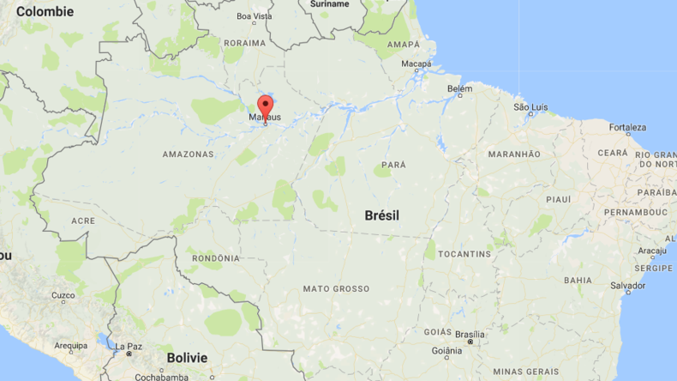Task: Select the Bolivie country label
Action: pyautogui.click(x=187, y=357)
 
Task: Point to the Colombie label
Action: pyautogui.click(x=45, y=12)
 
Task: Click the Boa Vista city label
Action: pyautogui.click(x=254, y=16)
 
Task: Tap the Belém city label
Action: pyautogui.click(x=459, y=88)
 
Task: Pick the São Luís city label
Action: pyautogui.click(x=530, y=107)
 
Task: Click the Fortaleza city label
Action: pyautogui.click(x=627, y=128)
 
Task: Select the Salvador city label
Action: pyautogui.click(x=627, y=285)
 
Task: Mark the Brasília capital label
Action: pyautogui.click(x=469, y=334)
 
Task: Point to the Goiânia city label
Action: pyautogui.click(x=446, y=350)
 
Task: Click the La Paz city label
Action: pyautogui.click(x=129, y=345)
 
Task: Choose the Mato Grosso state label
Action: pyautogui.click(x=336, y=289)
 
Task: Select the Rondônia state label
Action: pyautogui.click(x=214, y=258)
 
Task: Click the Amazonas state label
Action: pyautogui.click(x=188, y=154)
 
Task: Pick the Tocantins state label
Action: pyautogui.click(x=464, y=254)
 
